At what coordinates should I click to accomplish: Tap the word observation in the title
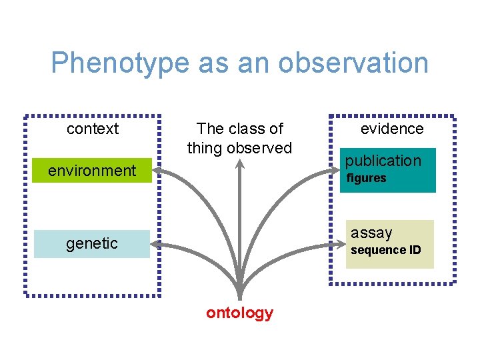coord(353,63)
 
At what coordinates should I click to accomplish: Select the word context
coord(93,129)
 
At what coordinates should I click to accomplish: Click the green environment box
coord(92,171)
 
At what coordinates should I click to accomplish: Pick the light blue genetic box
coord(92,244)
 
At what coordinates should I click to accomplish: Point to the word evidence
coord(392,129)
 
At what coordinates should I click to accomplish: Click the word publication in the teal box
coord(383,161)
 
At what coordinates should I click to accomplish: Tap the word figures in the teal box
coord(366,178)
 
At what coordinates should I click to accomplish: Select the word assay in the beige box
coord(371,233)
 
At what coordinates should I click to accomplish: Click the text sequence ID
coord(386,250)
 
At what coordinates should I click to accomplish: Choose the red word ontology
coord(239,313)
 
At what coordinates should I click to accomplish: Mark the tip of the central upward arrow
coord(239,161)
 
